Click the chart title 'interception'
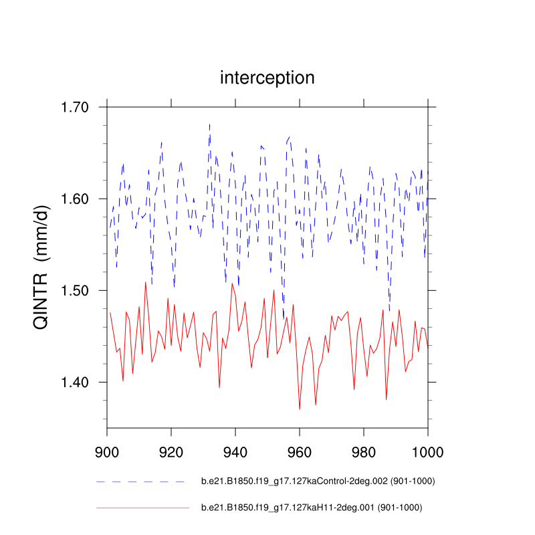click(267, 78)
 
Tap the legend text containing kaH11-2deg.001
click(312, 508)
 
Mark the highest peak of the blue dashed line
click(209, 123)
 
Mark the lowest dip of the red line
click(300, 409)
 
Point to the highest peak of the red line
click(145, 282)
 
